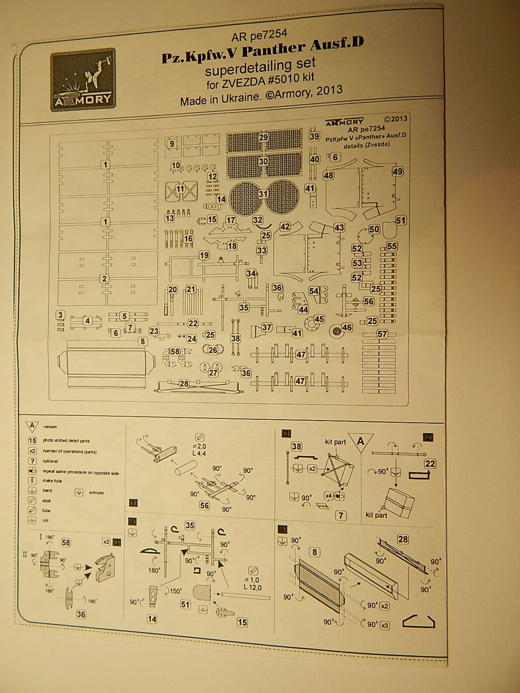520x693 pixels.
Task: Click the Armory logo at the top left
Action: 83,79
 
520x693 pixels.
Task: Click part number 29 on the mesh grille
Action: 263,137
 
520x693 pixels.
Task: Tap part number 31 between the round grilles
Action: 263,194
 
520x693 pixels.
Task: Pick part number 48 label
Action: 329,174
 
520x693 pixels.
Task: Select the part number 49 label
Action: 397,172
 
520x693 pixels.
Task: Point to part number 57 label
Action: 382,334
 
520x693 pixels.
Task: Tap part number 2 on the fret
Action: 105,279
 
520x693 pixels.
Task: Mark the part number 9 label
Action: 172,143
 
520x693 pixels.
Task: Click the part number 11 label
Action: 180,189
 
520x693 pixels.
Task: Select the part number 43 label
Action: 339,228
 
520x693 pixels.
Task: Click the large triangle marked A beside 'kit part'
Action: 361,442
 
